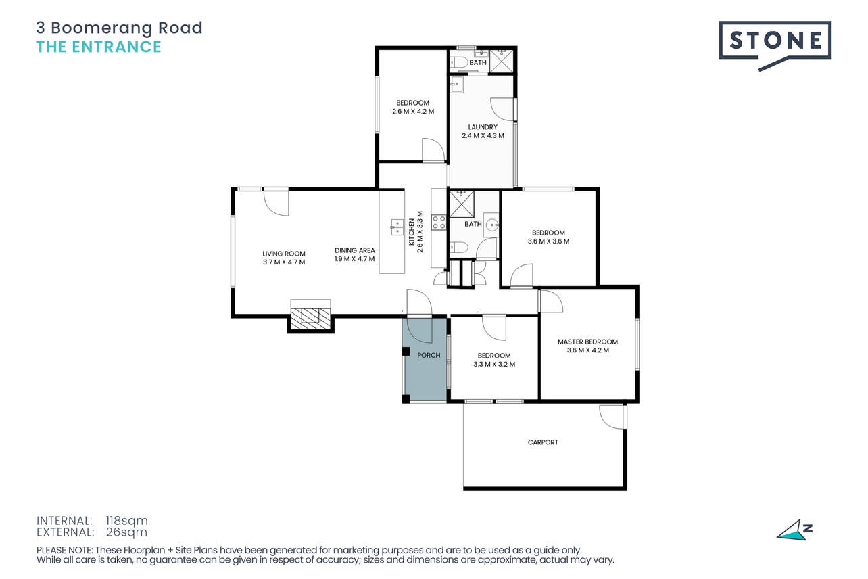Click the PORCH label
pyautogui.click(x=429, y=355)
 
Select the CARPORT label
pyautogui.click(x=543, y=442)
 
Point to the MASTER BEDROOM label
pyautogui.click(x=587, y=342)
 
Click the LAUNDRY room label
pyautogui.click(x=483, y=126)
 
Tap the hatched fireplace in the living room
pyautogui.click(x=311, y=319)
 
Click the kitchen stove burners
pyautogui.click(x=439, y=223)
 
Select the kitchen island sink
pyautogui.click(x=396, y=227)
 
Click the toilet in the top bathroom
pyautogui.click(x=459, y=62)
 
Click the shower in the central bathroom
pyautogui.click(x=461, y=204)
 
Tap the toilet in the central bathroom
pyautogui.click(x=458, y=247)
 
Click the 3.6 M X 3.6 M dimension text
pyautogui.click(x=548, y=241)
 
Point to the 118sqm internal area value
pyautogui.click(x=126, y=520)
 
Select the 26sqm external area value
pyautogui.click(x=126, y=532)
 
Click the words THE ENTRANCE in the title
pyautogui.click(x=99, y=47)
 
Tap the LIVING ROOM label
pyautogui.click(x=284, y=254)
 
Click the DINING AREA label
pyautogui.click(x=354, y=250)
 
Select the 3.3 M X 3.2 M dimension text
pyautogui.click(x=494, y=364)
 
